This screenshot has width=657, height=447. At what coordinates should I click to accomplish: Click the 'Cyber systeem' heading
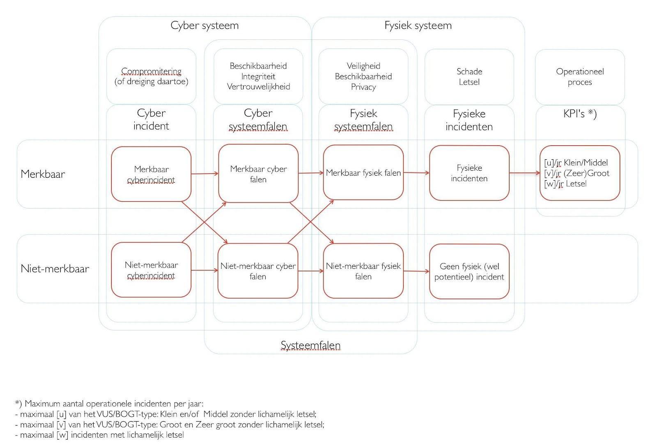(204, 25)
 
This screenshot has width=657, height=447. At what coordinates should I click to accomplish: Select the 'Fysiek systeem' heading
(418, 25)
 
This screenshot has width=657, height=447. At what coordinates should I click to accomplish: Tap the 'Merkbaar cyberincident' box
(151, 174)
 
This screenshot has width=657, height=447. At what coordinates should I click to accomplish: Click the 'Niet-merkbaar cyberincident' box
(151, 270)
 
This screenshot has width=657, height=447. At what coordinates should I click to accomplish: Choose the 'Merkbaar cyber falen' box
(258, 174)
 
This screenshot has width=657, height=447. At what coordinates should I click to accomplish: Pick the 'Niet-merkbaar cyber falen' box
(258, 271)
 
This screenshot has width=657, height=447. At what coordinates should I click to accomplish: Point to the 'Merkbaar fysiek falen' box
(363, 173)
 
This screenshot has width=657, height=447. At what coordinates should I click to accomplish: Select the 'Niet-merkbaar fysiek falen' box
(363, 271)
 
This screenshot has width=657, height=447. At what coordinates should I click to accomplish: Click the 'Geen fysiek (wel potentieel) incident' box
(469, 271)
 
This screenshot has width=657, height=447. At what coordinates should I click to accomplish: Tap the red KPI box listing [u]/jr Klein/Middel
(580, 173)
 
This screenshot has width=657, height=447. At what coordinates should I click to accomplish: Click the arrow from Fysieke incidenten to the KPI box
(524, 173)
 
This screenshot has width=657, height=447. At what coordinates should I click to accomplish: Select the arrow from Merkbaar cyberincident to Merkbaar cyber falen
(204, 174)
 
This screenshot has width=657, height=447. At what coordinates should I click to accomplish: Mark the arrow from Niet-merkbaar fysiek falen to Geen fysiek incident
(416, 271)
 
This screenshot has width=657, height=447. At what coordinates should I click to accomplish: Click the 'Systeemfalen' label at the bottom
(310, 345)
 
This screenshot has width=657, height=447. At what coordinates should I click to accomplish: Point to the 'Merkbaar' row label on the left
(43, 174)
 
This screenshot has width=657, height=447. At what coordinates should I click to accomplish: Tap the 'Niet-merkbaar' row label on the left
(55, 269)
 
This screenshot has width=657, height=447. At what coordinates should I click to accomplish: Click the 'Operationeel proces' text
(580, 77)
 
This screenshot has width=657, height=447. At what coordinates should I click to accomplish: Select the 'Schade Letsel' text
(469, 77)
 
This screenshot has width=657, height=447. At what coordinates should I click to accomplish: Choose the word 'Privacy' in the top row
(363, 87)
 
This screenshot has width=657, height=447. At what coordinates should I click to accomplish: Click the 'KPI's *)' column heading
(580, 114)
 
